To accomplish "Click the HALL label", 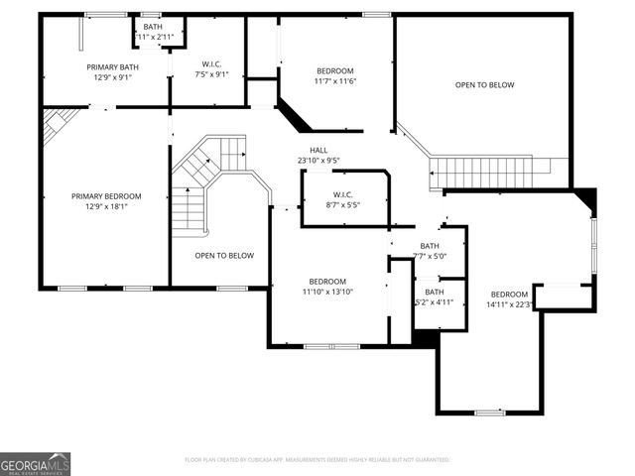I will [x=318, y=150].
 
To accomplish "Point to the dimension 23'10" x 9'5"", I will [x=318, y=161].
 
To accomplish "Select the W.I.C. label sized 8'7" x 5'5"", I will [x=343, y=194].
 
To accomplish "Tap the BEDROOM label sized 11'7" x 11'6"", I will [x=335, y=70].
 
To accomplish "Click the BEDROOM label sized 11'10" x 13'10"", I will [x=327, y=281].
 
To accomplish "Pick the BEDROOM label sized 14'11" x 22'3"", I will [x=510, y=294].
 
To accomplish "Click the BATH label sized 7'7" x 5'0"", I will [x=430, y=246].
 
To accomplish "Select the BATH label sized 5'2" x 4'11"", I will [x=435, y=292].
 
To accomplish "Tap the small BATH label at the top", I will [x=153, y=27].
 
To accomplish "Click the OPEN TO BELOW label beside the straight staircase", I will [x=484, y=85].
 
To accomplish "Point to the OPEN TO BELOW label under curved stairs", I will [x=223, y=255].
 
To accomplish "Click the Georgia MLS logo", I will [x=35, y=463].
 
